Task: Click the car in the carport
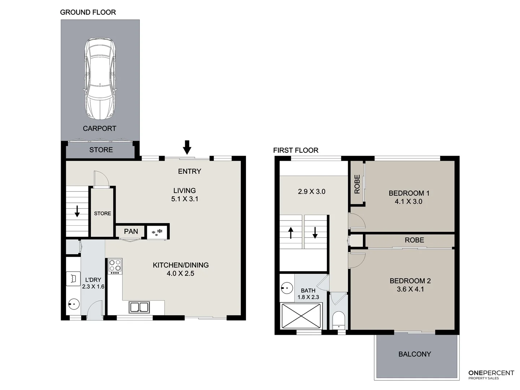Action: [x=100, y=79]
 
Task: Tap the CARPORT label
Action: [x=99, y=129]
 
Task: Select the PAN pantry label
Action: [x=131, y=231]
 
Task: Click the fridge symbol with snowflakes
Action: [x=157, y=232]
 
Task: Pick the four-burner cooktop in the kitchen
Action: [x=115, y=266]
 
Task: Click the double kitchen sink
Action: [x=139, y=307]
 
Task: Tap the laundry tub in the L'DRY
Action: [x=73, y=279]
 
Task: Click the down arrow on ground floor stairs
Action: [x=77, y=212]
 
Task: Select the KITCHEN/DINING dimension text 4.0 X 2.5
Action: [x=180, y=273]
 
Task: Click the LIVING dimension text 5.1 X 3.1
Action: [x=185, y=199]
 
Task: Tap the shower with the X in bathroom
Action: [x=301, y=316]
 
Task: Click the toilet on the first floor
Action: [x=338, y=319]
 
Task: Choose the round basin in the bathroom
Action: [x=287, y=288]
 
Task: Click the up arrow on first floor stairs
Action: [x=291, y=233]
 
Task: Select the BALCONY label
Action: [x=415, y=354]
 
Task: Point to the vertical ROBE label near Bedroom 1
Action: [x=357, y=184]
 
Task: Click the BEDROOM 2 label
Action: [x=410, y=281]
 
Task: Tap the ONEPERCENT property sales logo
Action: [x=491, y=374]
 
